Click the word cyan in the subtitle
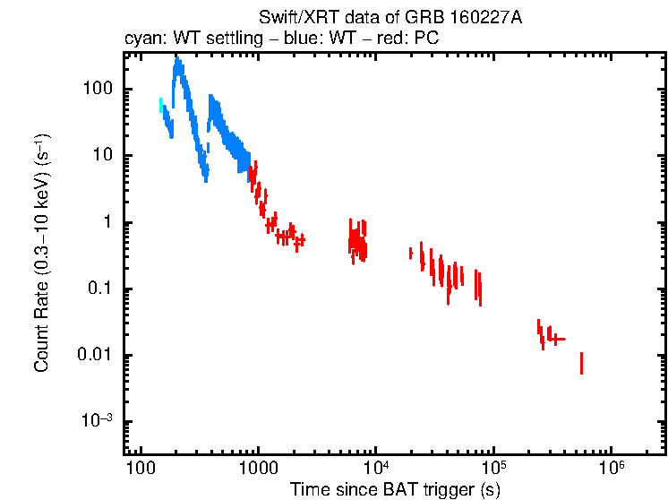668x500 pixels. click(141, 39)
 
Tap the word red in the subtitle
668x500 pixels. click(381, 39)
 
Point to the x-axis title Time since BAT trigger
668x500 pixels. click(395, 489)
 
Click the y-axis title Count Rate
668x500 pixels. click(42, 254)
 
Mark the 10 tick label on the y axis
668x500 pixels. click(103, 155)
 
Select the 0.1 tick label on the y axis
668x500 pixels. click(100, 289)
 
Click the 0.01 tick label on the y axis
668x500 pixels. click(97, 356)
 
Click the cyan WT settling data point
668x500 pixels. click(161, 105)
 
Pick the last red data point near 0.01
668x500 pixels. click(581, 363)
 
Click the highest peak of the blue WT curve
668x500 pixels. click(177, 59)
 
